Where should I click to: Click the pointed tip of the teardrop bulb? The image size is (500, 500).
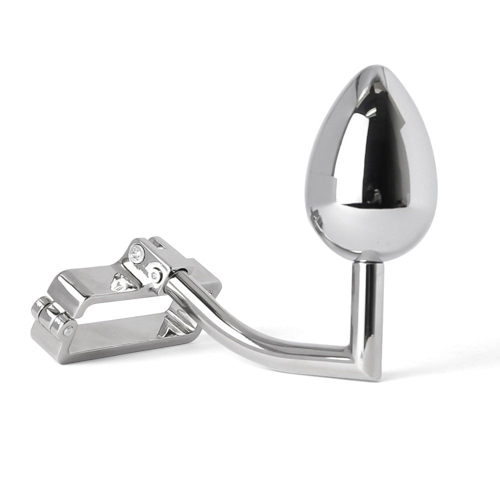click(x=371, y=68)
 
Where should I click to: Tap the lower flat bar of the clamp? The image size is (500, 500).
click(x=115, y=345)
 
